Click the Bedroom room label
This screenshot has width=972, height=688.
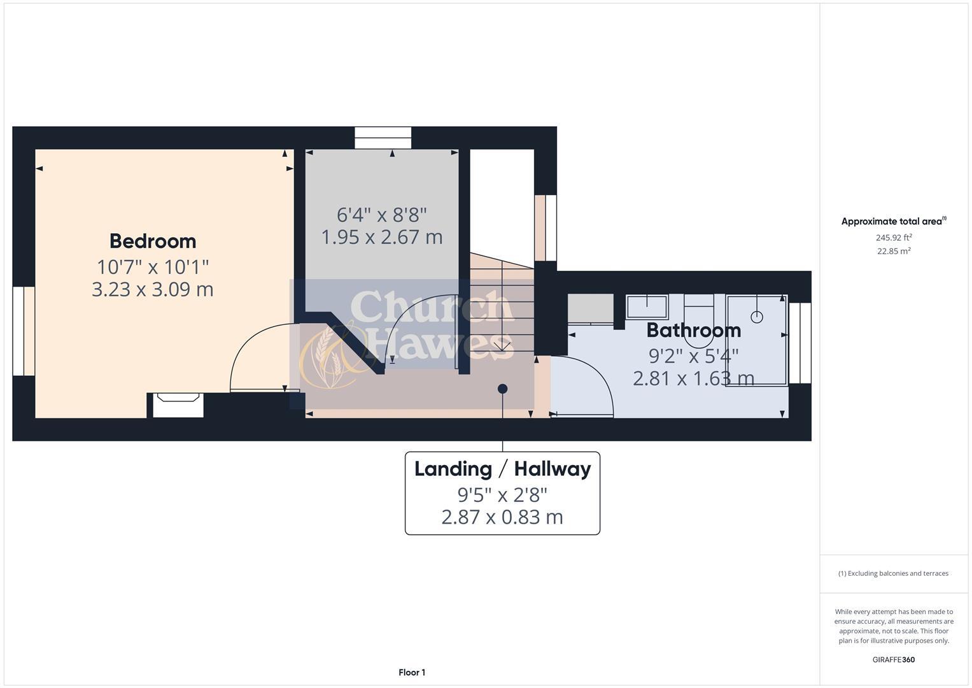153,241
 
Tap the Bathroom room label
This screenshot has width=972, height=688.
693,330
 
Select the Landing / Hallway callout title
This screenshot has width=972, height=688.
502,469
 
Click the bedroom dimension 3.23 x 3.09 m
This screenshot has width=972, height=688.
153,289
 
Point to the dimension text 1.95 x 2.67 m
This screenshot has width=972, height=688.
382,237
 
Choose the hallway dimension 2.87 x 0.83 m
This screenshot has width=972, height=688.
502,517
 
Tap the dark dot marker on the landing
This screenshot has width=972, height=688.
503,389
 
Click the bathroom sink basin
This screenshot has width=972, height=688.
647,306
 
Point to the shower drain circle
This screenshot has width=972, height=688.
757,316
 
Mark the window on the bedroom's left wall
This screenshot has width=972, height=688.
24,331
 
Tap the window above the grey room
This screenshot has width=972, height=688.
383,138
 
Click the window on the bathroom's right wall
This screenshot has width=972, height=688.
800,343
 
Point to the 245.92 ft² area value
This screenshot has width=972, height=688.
894,238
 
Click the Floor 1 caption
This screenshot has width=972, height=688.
412,673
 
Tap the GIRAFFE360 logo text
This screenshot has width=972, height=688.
893,660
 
